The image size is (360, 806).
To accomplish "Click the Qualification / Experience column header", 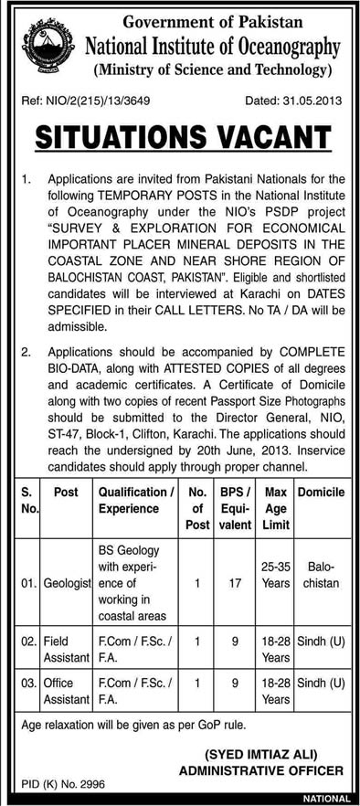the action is click(x=136, y=500).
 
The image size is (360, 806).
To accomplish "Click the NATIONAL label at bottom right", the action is click(x=332, y=799).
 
